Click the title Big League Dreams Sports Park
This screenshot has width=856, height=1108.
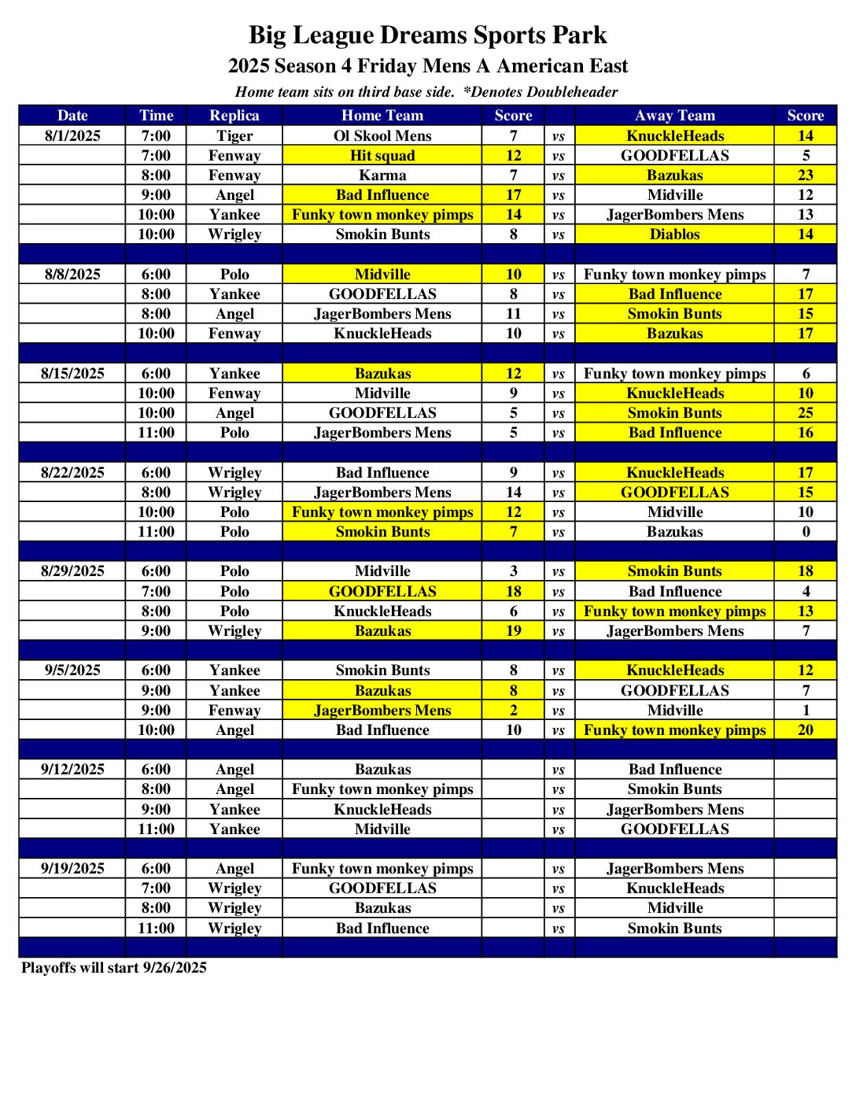[x=428, y=35]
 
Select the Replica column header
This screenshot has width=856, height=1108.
[x=234, y=116]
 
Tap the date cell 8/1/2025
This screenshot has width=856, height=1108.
[x=72, y=135]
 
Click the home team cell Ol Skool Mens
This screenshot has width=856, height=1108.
[x=382, y=135]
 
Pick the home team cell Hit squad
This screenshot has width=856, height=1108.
[x=382, y=156]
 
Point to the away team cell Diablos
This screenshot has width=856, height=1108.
[x=674, y=235]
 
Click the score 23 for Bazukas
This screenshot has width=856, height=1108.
[x=806, y=175]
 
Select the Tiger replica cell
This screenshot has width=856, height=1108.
[x=234, y=135]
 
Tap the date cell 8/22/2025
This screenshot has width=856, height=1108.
[x=72, y=472]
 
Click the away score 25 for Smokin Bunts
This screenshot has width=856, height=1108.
[x=806, y=413]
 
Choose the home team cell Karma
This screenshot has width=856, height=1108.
[x=382, y=175]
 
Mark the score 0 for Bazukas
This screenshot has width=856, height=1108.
[x=806, y=532]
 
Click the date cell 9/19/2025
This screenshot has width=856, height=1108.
[x=72, y=869]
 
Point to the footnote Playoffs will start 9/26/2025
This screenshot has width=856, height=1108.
[x=114, y=968]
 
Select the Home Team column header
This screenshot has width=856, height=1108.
[x=382, y=116]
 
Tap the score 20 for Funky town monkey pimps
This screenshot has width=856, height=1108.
[x=806, y=730]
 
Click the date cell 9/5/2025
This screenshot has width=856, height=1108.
[x=72, y=670]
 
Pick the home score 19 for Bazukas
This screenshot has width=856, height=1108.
[x=513, y=631]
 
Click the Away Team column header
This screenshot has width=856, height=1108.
[x=674, y=116]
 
